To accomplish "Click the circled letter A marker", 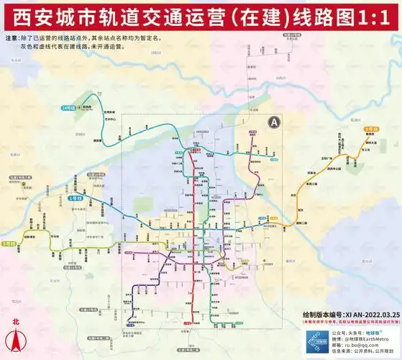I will (x=273, y=123).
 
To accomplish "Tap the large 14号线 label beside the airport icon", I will (x=68, y=107).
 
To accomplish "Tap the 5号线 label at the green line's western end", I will (x=9, y=244).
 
